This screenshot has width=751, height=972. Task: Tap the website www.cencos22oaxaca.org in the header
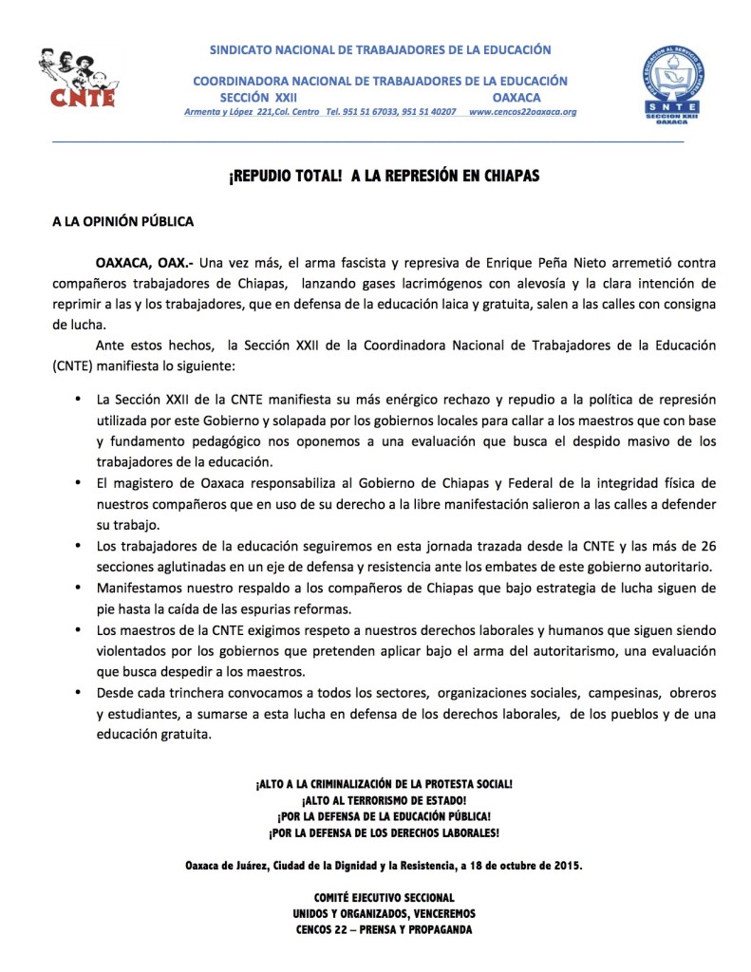click(x=522, y=112)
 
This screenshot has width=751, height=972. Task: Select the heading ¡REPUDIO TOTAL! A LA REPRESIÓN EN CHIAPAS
click(x=375, y=177)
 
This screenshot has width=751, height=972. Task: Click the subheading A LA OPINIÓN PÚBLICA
click(x=122, y=222)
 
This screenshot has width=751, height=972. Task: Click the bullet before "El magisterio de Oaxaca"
click(x=78, y=483)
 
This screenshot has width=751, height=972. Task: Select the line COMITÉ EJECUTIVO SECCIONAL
click(x=384, y=897)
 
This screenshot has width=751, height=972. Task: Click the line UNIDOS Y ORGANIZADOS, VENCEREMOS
click(x=384, y=913)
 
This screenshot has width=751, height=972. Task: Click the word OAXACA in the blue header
click(x=517, y=98)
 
